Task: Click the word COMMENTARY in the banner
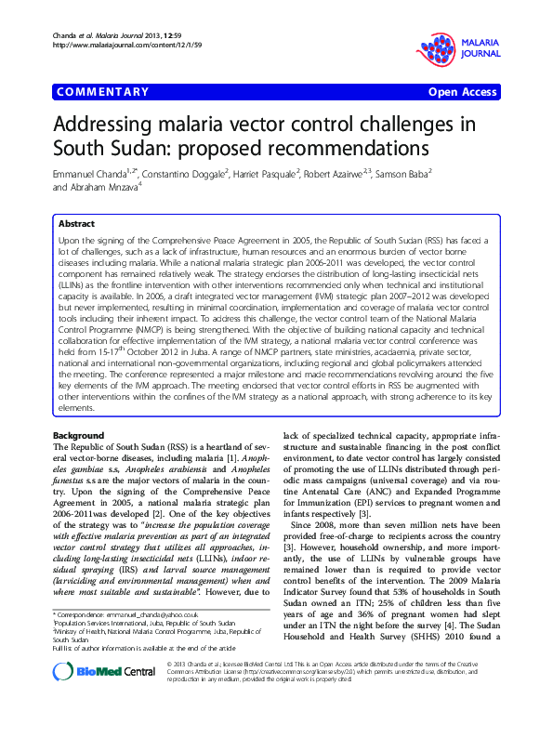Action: pos(103,92)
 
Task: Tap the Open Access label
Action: pos(461,92)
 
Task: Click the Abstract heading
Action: pos(76,224)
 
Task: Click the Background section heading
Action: pos(79,435)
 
